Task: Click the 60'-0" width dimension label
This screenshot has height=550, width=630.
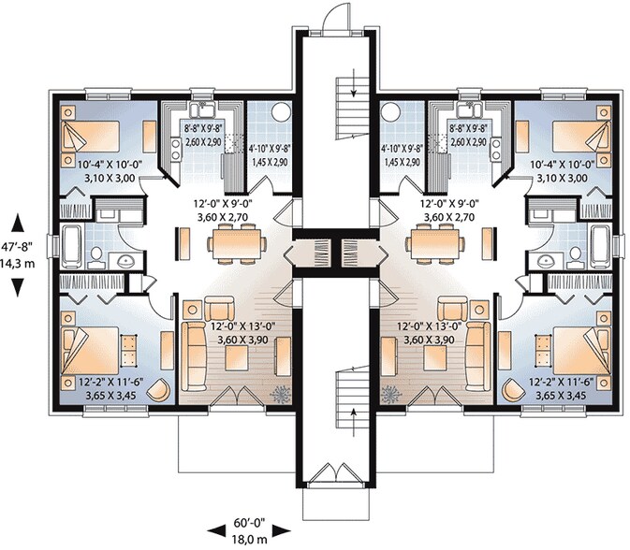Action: pos(250,523)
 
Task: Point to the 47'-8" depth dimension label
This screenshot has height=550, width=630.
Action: pos(17,247)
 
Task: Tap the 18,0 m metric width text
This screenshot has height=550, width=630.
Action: pos(250,539)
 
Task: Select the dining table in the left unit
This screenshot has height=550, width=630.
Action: pos(237,244)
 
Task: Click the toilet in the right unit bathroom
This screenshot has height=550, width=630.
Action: pos(576,256)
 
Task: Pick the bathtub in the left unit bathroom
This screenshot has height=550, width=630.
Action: pos(72,246)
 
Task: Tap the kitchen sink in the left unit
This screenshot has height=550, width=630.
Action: pos(203,109)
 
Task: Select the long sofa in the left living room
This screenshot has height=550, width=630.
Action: pos(194,356)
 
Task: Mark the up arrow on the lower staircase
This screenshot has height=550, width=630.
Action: pos(354,423)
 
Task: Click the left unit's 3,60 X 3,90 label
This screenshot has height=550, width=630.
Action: pos(242,340)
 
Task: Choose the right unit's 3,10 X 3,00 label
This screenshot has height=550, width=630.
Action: pos(562,178)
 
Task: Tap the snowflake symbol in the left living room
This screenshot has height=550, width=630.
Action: pos(280,394)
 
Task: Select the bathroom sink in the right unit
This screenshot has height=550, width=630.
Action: pos(546,261)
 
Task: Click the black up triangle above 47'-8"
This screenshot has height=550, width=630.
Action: pos(17,223)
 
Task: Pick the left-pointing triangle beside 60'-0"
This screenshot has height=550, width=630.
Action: pos(216,531)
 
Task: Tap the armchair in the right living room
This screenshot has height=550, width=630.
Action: pos(452,309)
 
